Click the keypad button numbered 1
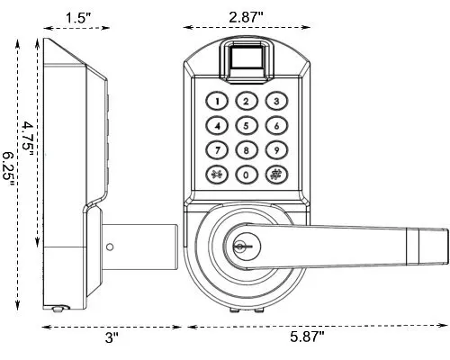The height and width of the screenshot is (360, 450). tap(217, 102)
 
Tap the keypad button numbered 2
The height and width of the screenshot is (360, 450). tap(247, 102)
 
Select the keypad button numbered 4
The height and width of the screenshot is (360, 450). tap(217, 126)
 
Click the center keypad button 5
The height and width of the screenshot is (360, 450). tap(247, 126)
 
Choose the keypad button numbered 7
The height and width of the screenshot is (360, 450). tap(217, 150)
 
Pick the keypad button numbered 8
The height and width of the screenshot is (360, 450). tap(247, 150)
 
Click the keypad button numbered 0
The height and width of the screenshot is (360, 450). tap(247, 175)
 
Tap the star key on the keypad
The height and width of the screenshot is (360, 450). tap(217, 175)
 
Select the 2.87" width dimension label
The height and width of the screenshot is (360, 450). tap(246, 16)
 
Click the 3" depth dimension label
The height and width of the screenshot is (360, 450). tap(111, 337)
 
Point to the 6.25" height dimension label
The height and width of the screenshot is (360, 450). tap(9, 166)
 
